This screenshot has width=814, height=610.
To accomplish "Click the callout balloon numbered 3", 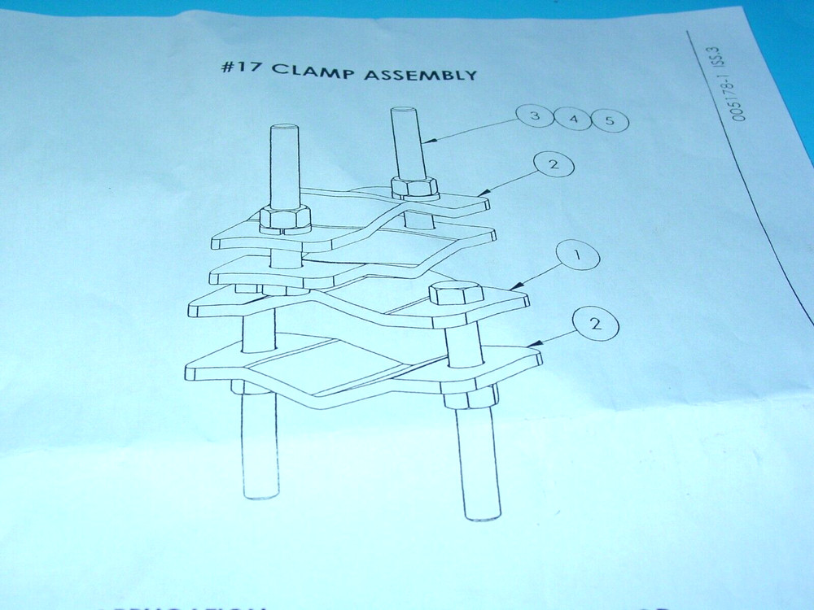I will [535, 117].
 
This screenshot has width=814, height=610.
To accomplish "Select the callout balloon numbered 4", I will [574, 120].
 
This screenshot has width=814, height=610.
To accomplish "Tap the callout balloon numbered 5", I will [610, 122].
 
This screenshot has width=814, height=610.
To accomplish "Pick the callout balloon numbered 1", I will [576, 256].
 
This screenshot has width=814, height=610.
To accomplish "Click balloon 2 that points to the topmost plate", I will [554, 166].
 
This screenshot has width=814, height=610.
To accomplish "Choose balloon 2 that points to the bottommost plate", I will [595, 325].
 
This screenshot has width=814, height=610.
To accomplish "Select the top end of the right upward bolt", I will [403, 110].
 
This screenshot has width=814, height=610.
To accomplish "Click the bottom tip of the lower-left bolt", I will [260, 494].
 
